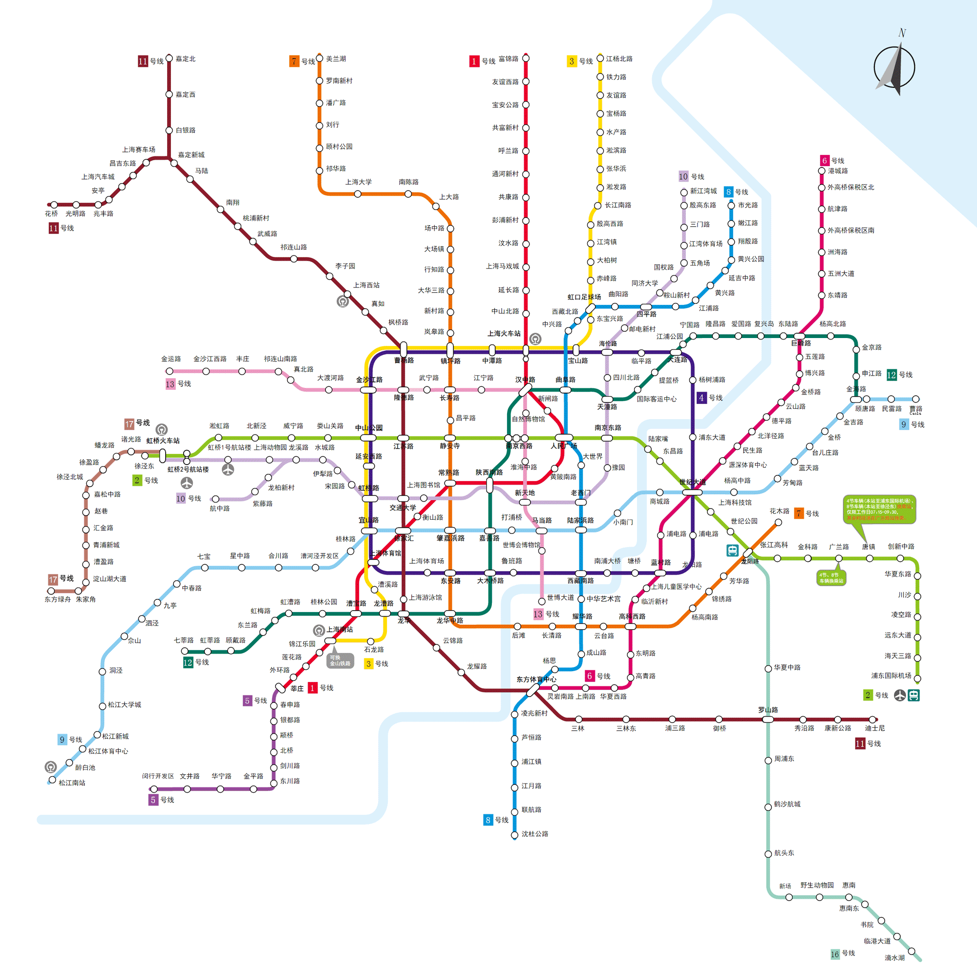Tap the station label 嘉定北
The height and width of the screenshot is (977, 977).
click(x=185, y=59)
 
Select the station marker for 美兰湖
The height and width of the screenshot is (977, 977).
click(x=319, y=58)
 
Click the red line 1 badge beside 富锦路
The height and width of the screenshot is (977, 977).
click(x=474, y=61)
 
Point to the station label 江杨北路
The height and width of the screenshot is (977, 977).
click(x=619, y=59)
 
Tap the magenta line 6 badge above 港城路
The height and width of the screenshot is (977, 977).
click(x=824, y=160)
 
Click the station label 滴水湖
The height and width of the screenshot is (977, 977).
click(x=894, y=957)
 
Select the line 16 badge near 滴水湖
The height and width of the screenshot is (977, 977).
click(x=834, y=954)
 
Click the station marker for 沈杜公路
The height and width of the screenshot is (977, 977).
click(x=514, y=834)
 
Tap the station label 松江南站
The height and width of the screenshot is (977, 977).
click(x=72, y=782)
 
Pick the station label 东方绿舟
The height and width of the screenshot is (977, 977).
click(x=58, y=599)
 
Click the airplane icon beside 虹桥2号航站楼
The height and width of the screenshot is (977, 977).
click(x=187, y=483)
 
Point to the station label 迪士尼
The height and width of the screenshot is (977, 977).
click(x=875, y=728)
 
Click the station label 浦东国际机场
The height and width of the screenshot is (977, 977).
click(x=891, y=675)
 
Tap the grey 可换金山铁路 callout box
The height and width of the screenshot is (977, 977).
click(x=340, y=660)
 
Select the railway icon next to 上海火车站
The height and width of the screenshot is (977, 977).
click(x=535, y=339)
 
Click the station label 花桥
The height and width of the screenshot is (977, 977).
click(x=51, y=213)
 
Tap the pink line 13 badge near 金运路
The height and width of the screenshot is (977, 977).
click(x=170, y=384)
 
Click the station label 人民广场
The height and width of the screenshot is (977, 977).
click(x=563, y=446)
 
